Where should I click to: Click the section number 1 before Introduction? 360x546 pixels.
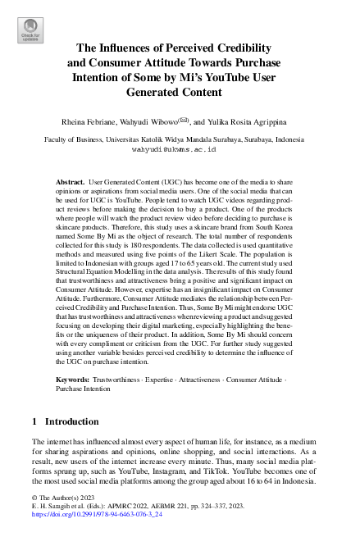(34, 421)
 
